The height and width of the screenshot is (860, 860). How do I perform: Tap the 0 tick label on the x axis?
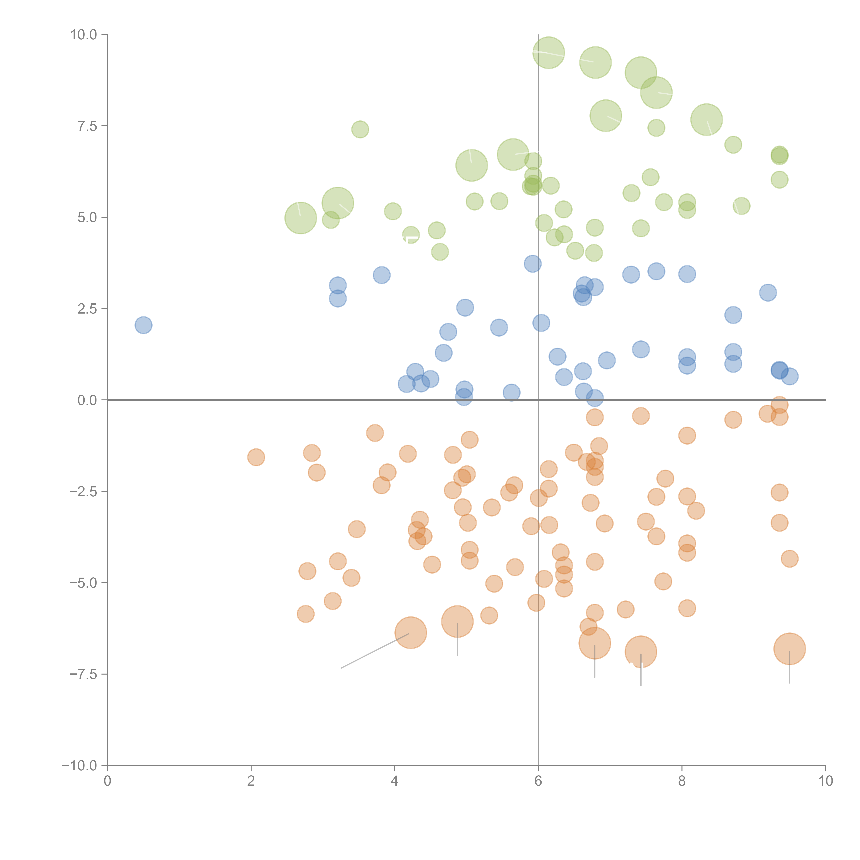point(107,781)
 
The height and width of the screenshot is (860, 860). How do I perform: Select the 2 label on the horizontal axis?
point(251,781)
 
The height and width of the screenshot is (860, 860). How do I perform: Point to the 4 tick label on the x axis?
point(394,781)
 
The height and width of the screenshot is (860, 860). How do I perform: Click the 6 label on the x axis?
point(538,781)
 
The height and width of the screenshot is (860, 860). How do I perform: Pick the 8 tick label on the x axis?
point(682,781)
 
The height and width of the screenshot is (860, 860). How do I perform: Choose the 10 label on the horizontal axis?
point(825,781)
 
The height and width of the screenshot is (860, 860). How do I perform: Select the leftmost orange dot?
point(256,457)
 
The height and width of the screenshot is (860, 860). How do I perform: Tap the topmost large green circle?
point(549,52)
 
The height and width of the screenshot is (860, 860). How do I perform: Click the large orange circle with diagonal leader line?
point(411,633)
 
